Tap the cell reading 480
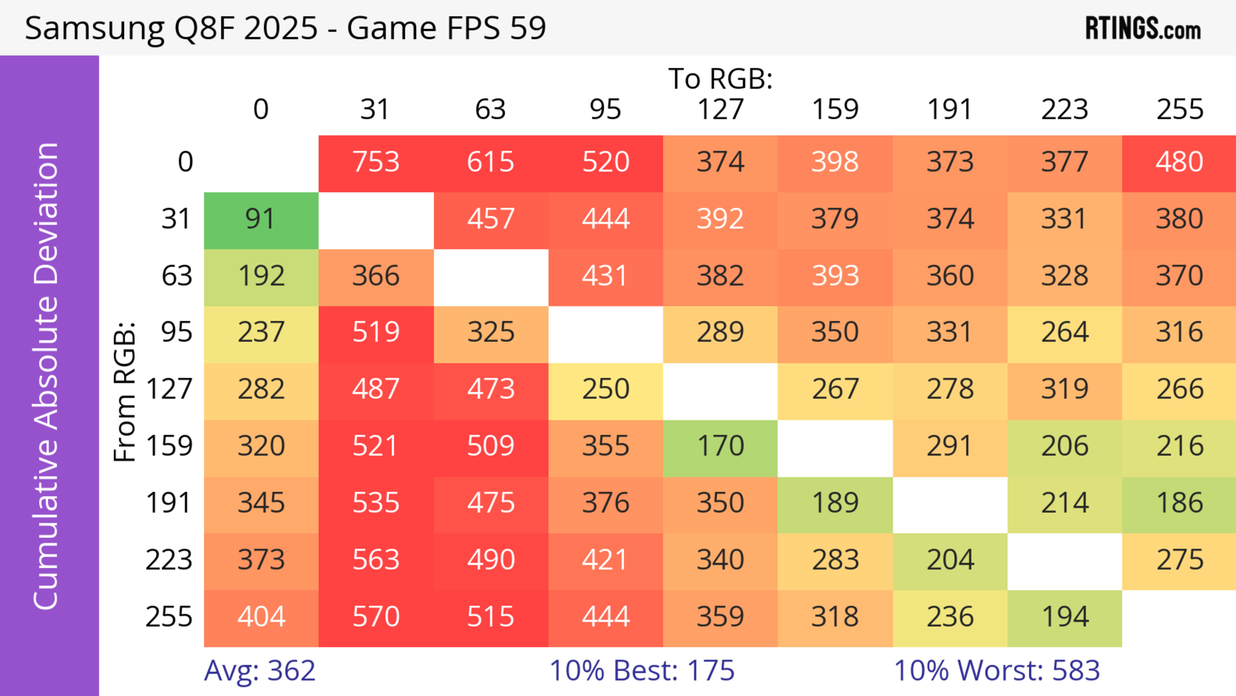[1179, 162]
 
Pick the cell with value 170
[720, 446]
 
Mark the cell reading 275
[1179, 560]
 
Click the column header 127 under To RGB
[720, 110]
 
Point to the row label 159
[169, 446]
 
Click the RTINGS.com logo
[1143, 29]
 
